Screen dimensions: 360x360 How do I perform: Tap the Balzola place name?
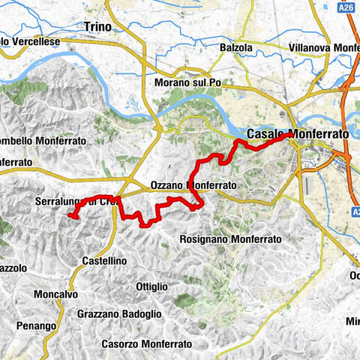pyautogui.click(x=238, y=47)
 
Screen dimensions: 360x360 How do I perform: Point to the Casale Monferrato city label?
pyautogui.click(x=298, y=133)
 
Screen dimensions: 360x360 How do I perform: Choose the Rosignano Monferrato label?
pyautogui.click(x=231, y=239)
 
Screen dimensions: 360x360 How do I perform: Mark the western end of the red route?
pyautogui.click(x=70, y=216)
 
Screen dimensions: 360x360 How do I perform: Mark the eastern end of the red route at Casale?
pyautogui.click(x=290, y=135)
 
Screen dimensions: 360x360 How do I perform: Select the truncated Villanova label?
pyautogui.click(x=322, y=47)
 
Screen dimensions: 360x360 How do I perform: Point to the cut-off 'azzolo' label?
pyautogui.click(x=13, y=267)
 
